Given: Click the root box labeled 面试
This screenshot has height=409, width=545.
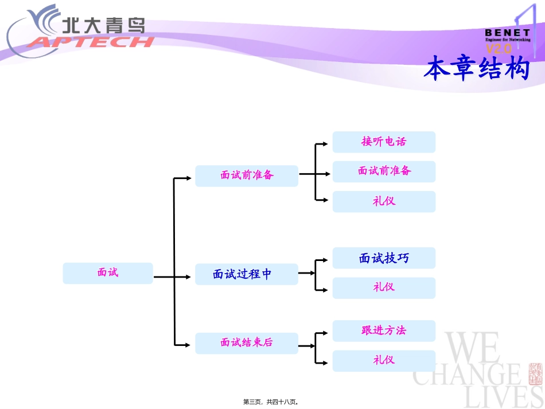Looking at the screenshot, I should click(x=108, y=273).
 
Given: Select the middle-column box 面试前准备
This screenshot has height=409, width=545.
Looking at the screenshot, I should click(x=247, y=176).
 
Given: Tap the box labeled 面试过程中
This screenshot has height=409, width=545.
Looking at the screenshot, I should click(x=247, y=274).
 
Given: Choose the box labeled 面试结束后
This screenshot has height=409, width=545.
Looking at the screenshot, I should click(x=247, y=343).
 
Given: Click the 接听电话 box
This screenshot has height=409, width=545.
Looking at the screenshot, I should click(x=384, y=142).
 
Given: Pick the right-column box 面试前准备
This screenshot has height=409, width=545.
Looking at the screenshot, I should click(x=384, y=171).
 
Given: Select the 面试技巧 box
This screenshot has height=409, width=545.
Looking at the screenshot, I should click(x=384, y=258).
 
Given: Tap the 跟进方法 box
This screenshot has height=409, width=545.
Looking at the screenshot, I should click(x=384, y=330).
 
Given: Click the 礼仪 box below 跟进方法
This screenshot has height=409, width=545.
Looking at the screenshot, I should click(x=384, y=360).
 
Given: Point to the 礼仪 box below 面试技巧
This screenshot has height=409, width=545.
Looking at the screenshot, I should click(x=384, y=287).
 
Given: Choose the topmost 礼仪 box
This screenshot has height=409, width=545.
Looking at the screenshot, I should click(x=384, y=201).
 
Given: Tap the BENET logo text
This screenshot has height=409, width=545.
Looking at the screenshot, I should click(x=507, y=33).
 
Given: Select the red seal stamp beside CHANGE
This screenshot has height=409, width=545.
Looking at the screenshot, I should click(x=535, y=373).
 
